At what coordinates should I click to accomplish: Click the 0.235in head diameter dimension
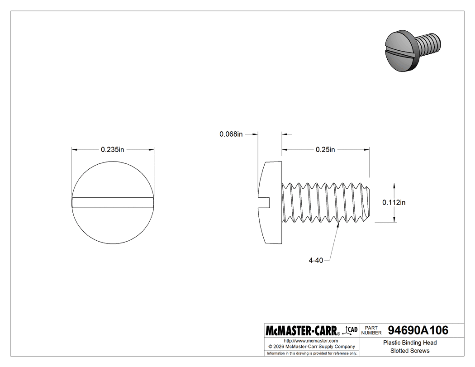point(112,150)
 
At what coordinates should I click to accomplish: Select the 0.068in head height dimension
point(231,134)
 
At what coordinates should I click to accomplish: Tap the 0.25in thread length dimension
point(325,150)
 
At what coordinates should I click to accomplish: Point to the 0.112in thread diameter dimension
point(394,203)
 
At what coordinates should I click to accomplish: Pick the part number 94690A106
point(418,330)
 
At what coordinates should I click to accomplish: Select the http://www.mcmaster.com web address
point(311,340)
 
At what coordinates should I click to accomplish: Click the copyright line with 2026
point(311,346)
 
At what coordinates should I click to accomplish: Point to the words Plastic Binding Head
point(410,343)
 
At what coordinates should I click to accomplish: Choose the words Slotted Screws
point(410,351)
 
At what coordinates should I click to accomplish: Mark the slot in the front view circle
point(113,202)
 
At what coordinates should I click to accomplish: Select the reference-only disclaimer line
point(312,353)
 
